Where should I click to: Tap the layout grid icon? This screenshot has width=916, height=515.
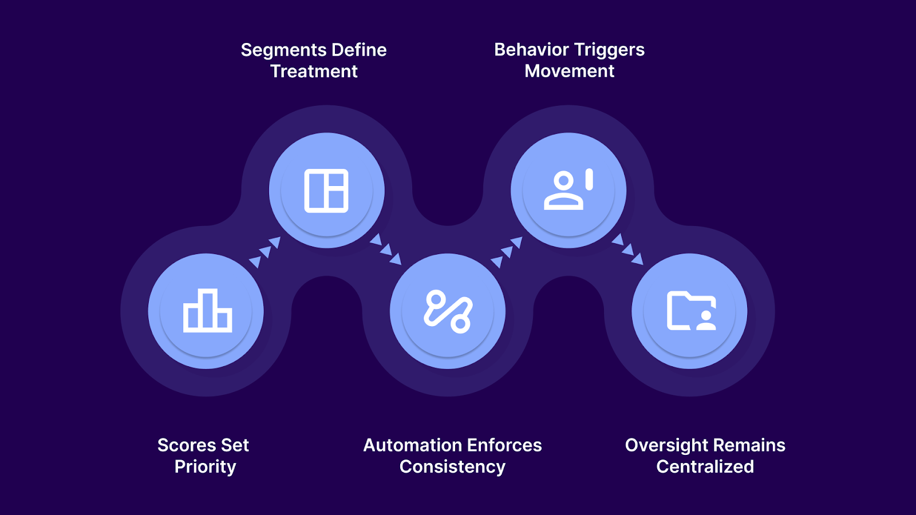pos(326,191)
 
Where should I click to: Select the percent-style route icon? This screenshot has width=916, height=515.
pos(448,312)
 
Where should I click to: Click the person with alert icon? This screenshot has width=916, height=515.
pos(568,190)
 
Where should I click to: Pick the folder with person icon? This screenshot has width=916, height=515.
pos(691,311)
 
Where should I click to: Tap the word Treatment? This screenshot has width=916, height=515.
pos(314,72)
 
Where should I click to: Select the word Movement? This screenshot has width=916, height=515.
pos(569,71)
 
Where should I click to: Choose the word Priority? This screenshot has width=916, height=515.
pos(205,467)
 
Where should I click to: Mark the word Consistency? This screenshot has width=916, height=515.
pos(452,467)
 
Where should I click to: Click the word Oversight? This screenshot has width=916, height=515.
pos(667,445)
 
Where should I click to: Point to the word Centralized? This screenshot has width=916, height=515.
pos(705,467)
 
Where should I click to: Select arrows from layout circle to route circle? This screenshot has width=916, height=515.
pos(385,249)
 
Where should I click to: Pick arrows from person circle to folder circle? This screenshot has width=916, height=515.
pos(627,249)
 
